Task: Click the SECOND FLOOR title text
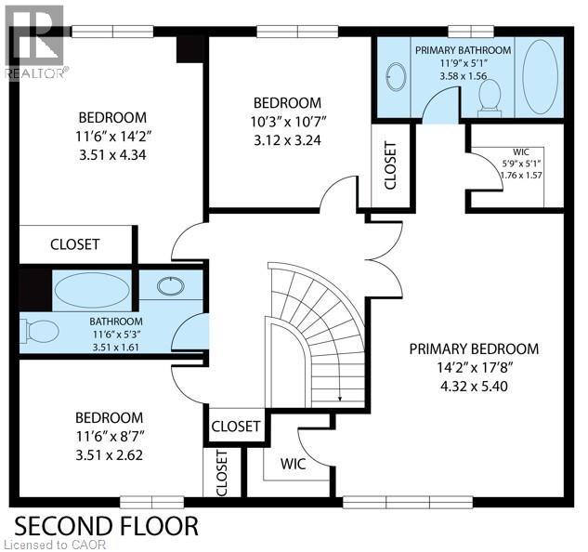(106, 525)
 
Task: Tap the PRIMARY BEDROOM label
(474, 348)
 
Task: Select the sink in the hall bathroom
(169, 284)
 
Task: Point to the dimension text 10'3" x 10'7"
(287, 121)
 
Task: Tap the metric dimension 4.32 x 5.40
(474, 386)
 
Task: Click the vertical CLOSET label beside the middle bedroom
(390, 166)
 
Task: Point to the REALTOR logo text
(34, 72)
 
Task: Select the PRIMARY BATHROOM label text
(463, 49)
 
